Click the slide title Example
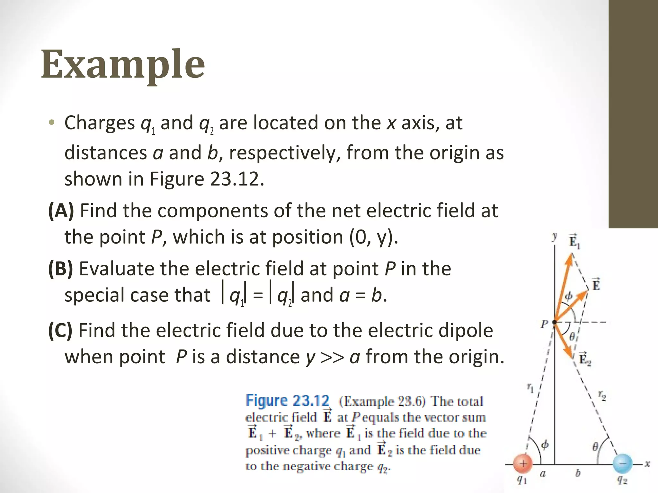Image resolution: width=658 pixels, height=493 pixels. pyautogui.click(x=123, y=65)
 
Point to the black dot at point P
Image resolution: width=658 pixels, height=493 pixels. pyautogui.click(x=555, y=322)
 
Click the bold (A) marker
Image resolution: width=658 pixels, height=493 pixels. pyautogui.click(x=61, y=211)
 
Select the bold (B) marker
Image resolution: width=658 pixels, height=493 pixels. pyautogui.click(x=60, y=269)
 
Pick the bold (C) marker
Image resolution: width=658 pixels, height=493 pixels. pyautogui.click(x=60, y=331)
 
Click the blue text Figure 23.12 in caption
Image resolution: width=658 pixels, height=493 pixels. pyautogui.click(x=288, y=401)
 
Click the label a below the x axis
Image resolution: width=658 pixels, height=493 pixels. pyautogui.click(x=542, y=473)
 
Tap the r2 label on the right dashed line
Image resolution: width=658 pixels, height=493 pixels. pyautogui.click(x=602, y=396)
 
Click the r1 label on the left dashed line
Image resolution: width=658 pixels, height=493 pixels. pyautogui.click(x=530, y=388)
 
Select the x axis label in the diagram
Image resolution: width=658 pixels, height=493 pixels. pyautogui.click(x=647, y=464)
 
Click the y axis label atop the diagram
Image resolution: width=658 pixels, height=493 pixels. pyautogui.click(x=555, y=237)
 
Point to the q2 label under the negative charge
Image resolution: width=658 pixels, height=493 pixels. pyautogui.click(x=622, y=480)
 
